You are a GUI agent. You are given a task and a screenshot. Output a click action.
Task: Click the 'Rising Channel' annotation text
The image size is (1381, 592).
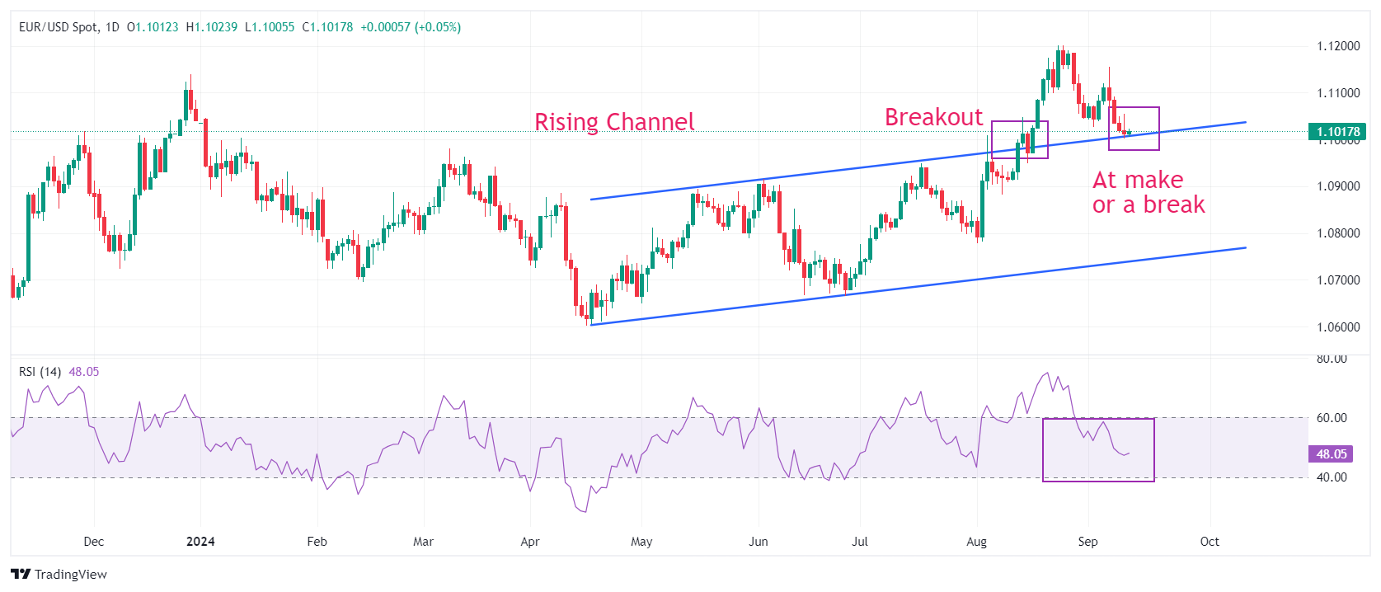614,122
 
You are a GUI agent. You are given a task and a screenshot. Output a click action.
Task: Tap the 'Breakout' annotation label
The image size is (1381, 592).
933,117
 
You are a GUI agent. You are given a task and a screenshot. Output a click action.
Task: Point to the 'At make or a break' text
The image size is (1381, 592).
1148,192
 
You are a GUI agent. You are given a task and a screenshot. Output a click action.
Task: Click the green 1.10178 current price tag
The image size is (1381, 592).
1336,132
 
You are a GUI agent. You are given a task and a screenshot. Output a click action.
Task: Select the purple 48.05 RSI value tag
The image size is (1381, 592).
1331,454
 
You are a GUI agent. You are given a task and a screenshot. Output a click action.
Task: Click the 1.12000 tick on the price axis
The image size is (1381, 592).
1337,46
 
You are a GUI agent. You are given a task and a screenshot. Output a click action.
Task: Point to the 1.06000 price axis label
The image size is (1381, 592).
1337,327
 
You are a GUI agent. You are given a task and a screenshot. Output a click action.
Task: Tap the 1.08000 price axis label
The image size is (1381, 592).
1337,233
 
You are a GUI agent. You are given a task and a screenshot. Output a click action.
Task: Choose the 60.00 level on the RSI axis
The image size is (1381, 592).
1332,418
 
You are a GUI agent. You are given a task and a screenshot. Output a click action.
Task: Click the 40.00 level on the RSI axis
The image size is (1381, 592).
1332,477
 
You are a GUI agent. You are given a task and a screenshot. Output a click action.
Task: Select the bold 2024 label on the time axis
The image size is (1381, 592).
200,542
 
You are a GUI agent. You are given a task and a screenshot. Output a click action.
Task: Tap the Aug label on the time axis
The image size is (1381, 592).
976,542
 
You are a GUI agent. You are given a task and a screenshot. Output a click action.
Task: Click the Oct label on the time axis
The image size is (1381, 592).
1210,542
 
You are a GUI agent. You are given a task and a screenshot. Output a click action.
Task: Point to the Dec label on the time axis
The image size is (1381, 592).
94,542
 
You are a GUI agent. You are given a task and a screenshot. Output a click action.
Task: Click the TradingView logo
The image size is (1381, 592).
59,575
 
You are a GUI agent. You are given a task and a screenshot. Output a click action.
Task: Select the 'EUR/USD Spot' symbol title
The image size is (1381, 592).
57,27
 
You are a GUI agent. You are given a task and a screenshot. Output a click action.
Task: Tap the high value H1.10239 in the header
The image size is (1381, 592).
212,27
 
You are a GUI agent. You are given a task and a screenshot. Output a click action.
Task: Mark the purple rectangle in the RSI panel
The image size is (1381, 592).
1098,450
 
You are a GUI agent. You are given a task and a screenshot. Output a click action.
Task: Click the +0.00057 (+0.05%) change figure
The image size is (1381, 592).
411,27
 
